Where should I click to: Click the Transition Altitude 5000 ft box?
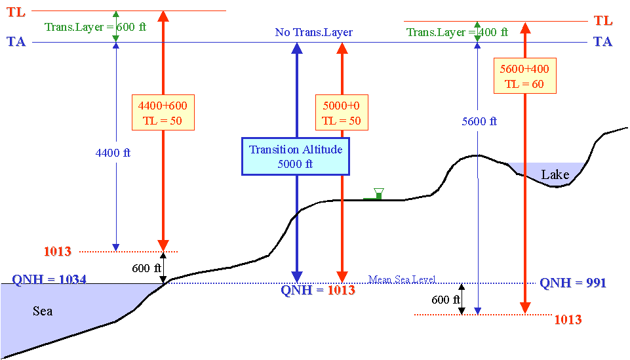pyautogui.click(x=295, y=156)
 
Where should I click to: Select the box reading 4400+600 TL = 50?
pyautogui.click(x=163, y=113)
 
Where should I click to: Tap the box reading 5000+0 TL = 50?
pyautogui.click(x=342, y=113)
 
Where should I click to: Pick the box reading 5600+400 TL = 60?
pyautogui.click(x=524, y=76)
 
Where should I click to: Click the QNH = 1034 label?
pyautogui.click(x=49, y=279)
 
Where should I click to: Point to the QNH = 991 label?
pyautogui.click(x=572, y=283)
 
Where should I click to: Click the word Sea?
pyautogui.click(x=43, y=311)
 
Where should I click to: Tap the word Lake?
pyautogui.click(x=555, y=174)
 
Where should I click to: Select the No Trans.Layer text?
pyautogui.click(x=314, y=32)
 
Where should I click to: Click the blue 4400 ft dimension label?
pyautogui.click(x=113, y=153)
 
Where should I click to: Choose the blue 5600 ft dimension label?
pyautogui.click(x=479, y=121)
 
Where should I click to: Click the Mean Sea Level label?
pyautogui.click(x=402, y=279)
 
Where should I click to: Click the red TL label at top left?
pyautogui.click(x=16, y=12)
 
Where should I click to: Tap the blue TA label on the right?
pyautogui.click(x=602, y=41)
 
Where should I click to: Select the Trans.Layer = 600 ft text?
pyautogui.click(x=95, y=27)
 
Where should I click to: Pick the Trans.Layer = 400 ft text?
pyautogui.click(x=457, y=32)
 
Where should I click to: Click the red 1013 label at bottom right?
pyautogui.click(x=568, y=320)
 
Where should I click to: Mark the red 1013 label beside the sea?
pyautogui.click(x=58, y=252)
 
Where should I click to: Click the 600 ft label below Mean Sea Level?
pyautogui.click(x=446, y=300)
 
